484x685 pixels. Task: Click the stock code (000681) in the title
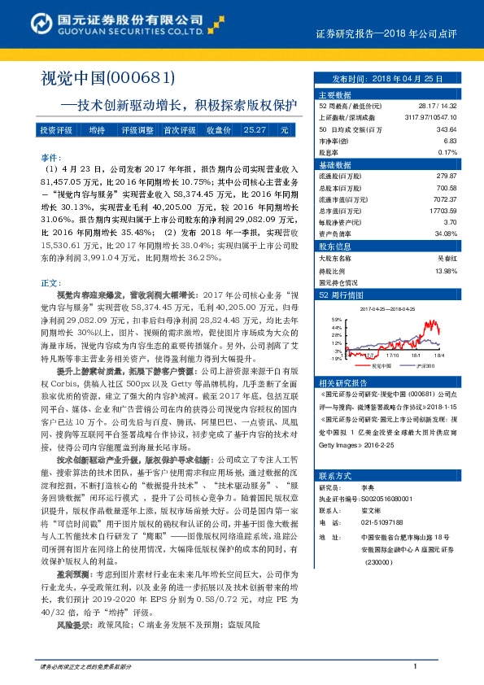coord(142,77)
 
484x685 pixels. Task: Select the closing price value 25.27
coord(255,130)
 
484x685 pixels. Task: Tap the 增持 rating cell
coord(98,130)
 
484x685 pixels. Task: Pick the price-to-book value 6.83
coord(450,140)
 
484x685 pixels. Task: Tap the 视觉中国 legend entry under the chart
coord(380,366)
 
